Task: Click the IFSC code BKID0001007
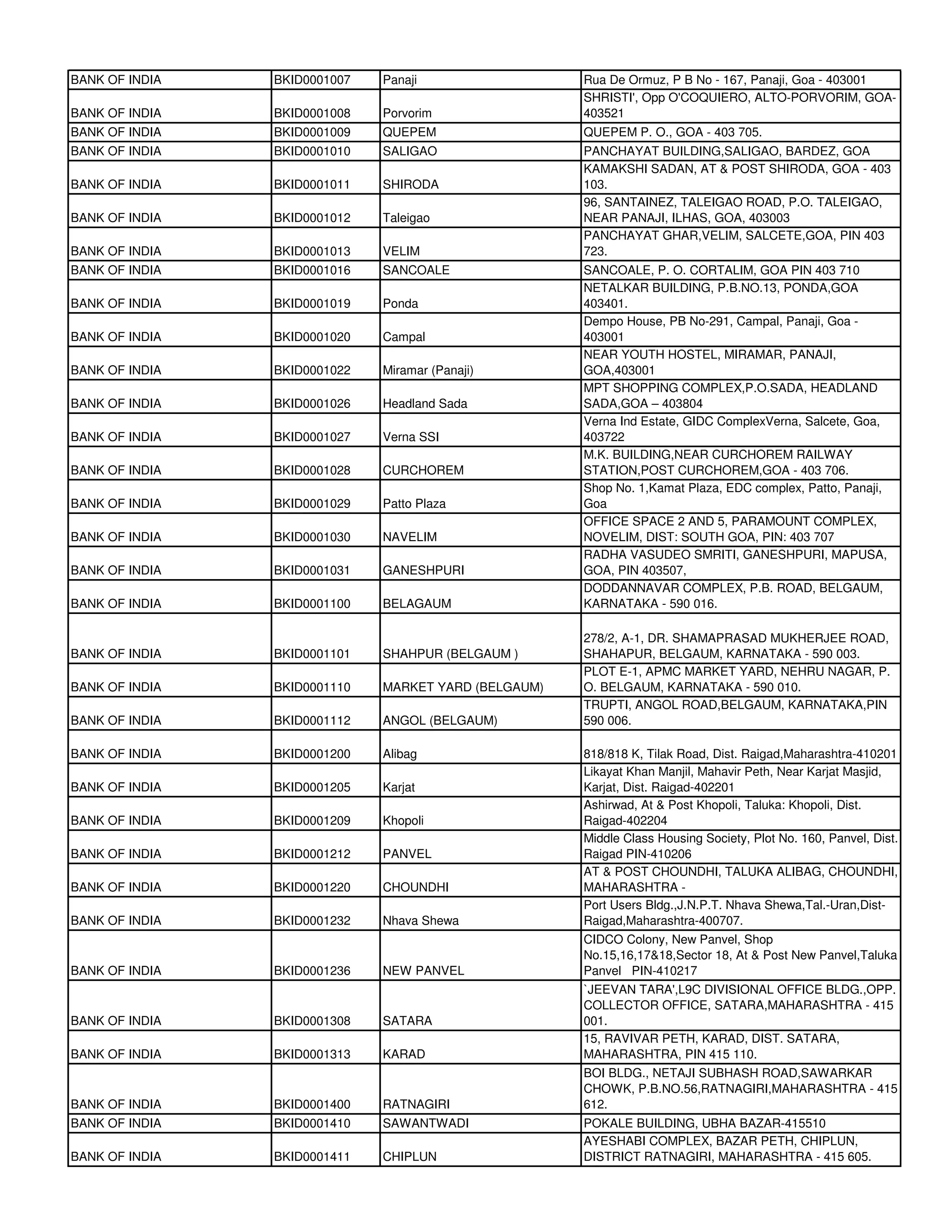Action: click(312, 80)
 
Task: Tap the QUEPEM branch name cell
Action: click(409, 133)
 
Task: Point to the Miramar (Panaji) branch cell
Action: click(427, 371)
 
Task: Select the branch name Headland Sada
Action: click(425, 404)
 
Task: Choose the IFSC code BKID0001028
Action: click(312, 470)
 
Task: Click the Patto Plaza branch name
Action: click(414, 504)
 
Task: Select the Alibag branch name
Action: click(399, 754)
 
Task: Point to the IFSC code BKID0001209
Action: click(312, 821)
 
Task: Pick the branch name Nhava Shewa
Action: click(420, 921)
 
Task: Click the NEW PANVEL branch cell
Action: click(423, 971)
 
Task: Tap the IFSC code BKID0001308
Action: click(312, 1021)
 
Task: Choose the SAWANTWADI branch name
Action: click(425, 1124)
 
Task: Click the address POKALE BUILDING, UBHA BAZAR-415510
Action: click(704, 1124)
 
